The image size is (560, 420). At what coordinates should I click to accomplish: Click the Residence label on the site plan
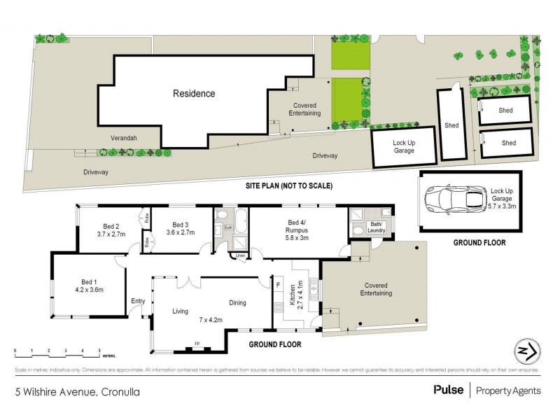point(194,93)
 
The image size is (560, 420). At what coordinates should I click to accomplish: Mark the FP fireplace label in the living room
point(196,344)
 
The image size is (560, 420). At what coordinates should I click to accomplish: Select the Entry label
point(138,301)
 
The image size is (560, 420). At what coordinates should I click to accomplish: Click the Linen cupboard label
point(240,255)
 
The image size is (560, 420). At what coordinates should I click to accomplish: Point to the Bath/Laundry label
point(385,225)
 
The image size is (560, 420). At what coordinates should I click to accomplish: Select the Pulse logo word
point(449,391)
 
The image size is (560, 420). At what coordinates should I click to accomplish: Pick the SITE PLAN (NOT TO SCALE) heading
point(288,186)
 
